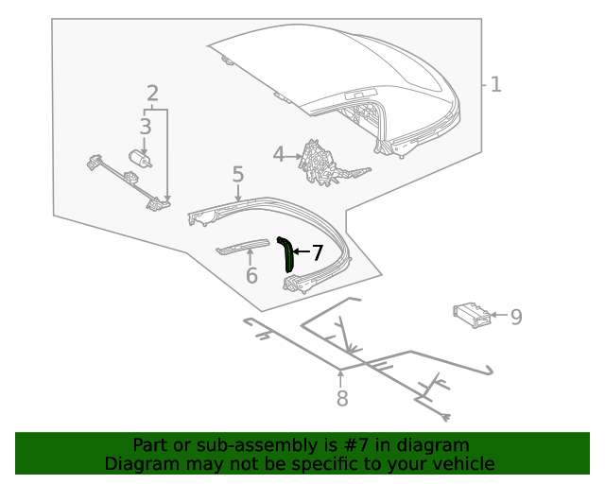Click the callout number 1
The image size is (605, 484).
495,85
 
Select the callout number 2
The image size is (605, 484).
152,93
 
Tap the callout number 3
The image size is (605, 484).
145,127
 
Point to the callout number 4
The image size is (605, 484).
279,154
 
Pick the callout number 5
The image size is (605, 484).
238,174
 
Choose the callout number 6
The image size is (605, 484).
251,276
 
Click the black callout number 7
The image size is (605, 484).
318,252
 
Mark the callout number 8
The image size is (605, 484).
342,399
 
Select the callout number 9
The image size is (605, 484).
516,317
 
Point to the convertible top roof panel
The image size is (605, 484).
331,66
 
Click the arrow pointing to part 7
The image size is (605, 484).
301,252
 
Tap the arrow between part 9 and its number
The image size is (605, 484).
498,316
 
